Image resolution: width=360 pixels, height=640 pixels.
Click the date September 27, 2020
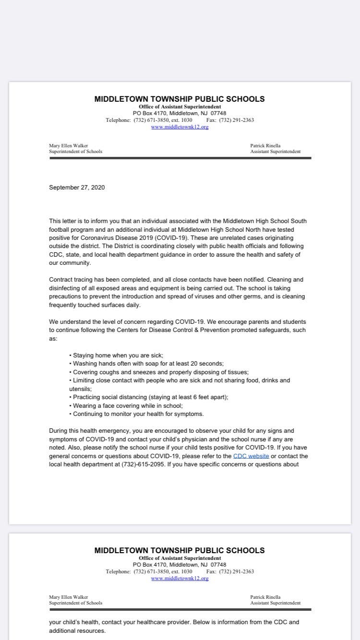point(77,188)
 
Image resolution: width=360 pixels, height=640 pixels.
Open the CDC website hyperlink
point(251,456)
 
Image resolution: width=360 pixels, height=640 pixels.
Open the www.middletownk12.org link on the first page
point(180,127)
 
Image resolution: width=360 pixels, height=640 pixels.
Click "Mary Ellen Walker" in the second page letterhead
point(68,597)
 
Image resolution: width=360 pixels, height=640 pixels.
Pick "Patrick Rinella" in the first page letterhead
point(265,145)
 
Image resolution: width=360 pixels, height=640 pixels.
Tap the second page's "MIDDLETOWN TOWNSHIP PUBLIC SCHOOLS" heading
point(179,550)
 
